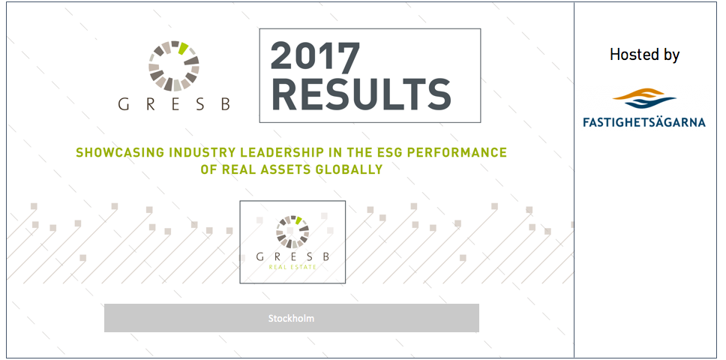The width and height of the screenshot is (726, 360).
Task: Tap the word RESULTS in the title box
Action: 361,94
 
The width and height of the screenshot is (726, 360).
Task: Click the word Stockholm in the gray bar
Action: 291,318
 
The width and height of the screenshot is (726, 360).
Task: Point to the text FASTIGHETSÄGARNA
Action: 644,122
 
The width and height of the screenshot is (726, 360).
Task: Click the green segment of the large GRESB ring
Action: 183,48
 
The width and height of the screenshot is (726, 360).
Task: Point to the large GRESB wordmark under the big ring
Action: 174,104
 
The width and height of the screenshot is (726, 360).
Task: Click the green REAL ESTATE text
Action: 292,267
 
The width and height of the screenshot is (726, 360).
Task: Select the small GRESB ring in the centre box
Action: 292,231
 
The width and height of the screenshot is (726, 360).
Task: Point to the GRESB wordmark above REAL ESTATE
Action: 292,256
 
